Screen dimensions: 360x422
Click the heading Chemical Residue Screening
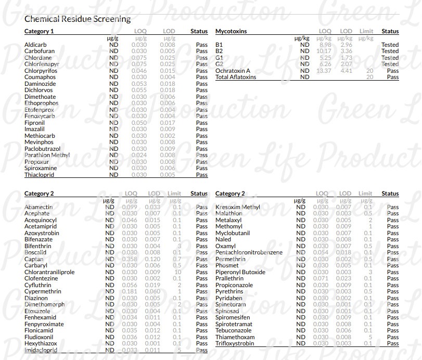click(x=78, y=19)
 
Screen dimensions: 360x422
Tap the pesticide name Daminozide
click(x=39, y=84)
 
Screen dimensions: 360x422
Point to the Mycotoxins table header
click(x=231, y=32)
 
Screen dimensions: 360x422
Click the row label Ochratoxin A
click(x=233, y=71)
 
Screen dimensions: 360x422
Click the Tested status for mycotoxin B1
click(x=390, y=45)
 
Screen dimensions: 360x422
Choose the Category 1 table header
click(x=39, y=32)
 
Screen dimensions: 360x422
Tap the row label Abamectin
click(x=39, y=207)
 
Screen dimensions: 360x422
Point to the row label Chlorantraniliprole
click(x=49, y=272)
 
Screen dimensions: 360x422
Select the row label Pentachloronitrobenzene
click(x=249, y=252)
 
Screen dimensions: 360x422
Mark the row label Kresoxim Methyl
click(x=237, y=207)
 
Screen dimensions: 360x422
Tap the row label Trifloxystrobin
click(x=236, y=343)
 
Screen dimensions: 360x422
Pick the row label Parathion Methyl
click(x=47, y=155)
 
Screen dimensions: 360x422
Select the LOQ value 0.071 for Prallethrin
click(x=321, y=278)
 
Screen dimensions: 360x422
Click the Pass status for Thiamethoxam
click(x=392, y=337)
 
